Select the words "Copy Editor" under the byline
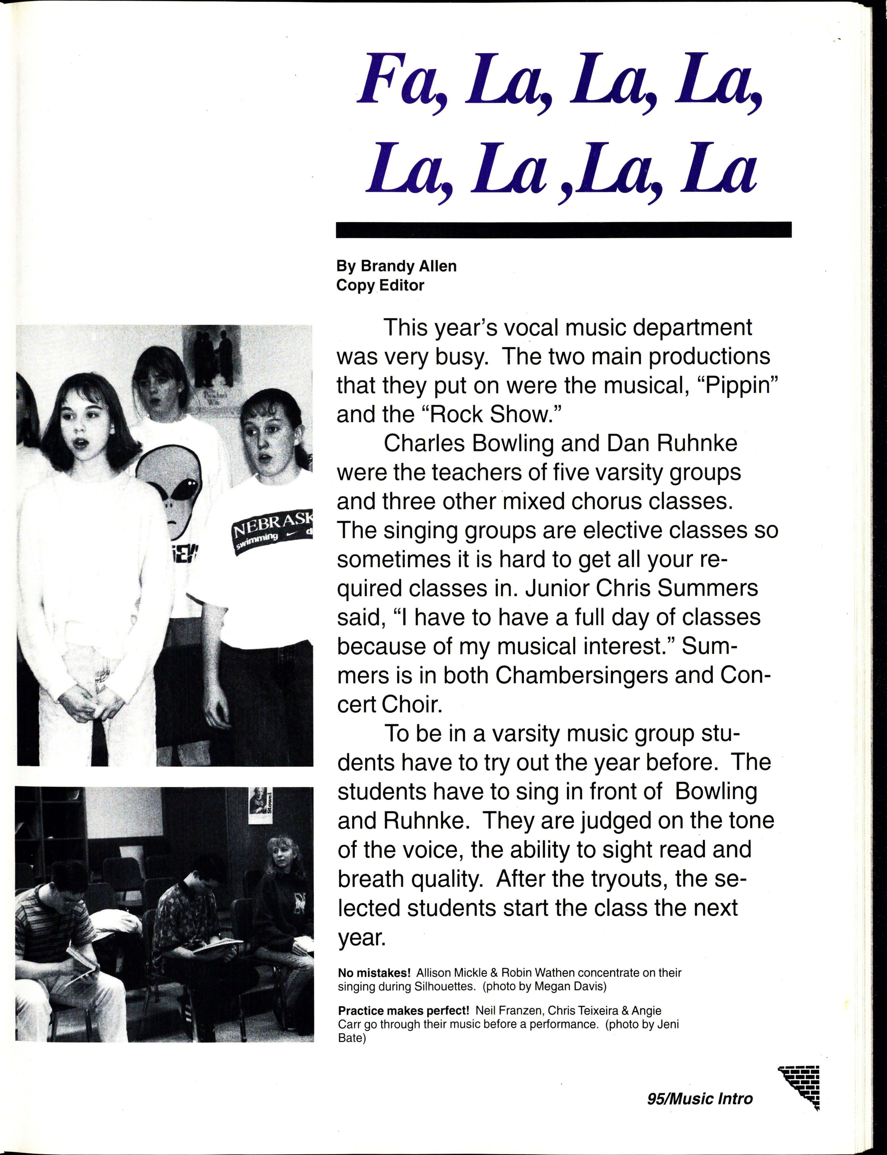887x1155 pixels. (380, 285)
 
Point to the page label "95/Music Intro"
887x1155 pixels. (699, 1099)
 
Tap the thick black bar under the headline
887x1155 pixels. (563, 229)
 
